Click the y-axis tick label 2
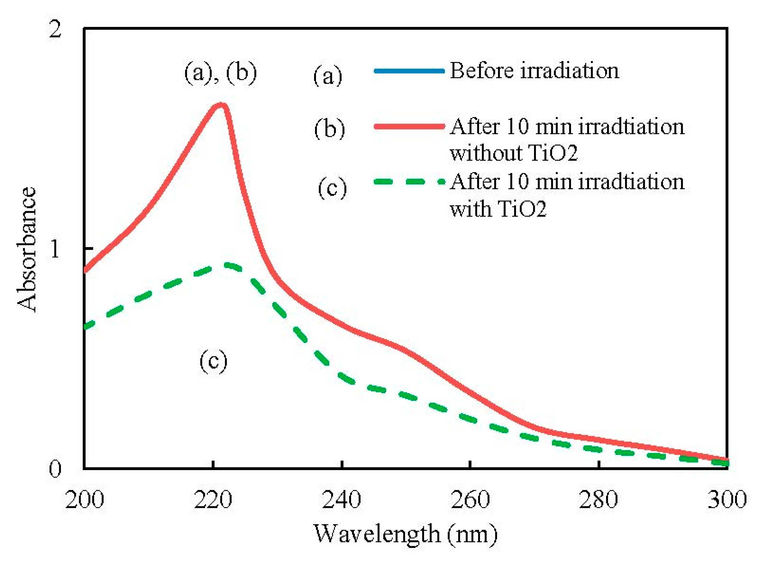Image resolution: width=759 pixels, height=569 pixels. (x=55, y=29)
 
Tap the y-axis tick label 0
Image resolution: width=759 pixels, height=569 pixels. (x=55, y=468)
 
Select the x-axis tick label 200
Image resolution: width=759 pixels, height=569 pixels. (x=84, y=500)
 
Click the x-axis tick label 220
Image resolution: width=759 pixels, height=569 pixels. (x=213, y=500)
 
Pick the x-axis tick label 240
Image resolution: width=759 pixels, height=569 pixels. (x=341, y=500)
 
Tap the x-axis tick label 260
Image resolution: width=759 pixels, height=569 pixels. (x=470, y=500)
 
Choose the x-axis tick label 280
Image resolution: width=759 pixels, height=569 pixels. (x=598, y=500)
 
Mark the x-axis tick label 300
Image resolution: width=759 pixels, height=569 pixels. (x=727, y=500)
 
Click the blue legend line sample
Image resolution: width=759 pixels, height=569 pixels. (x=409, y=71)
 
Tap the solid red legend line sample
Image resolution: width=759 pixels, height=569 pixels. (x=409, y=127)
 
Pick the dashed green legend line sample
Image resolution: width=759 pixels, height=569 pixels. (x=409, y=181)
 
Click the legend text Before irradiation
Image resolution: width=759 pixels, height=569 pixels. (x=534, y=71)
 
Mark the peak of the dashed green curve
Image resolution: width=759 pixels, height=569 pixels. (x=228, y=265)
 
